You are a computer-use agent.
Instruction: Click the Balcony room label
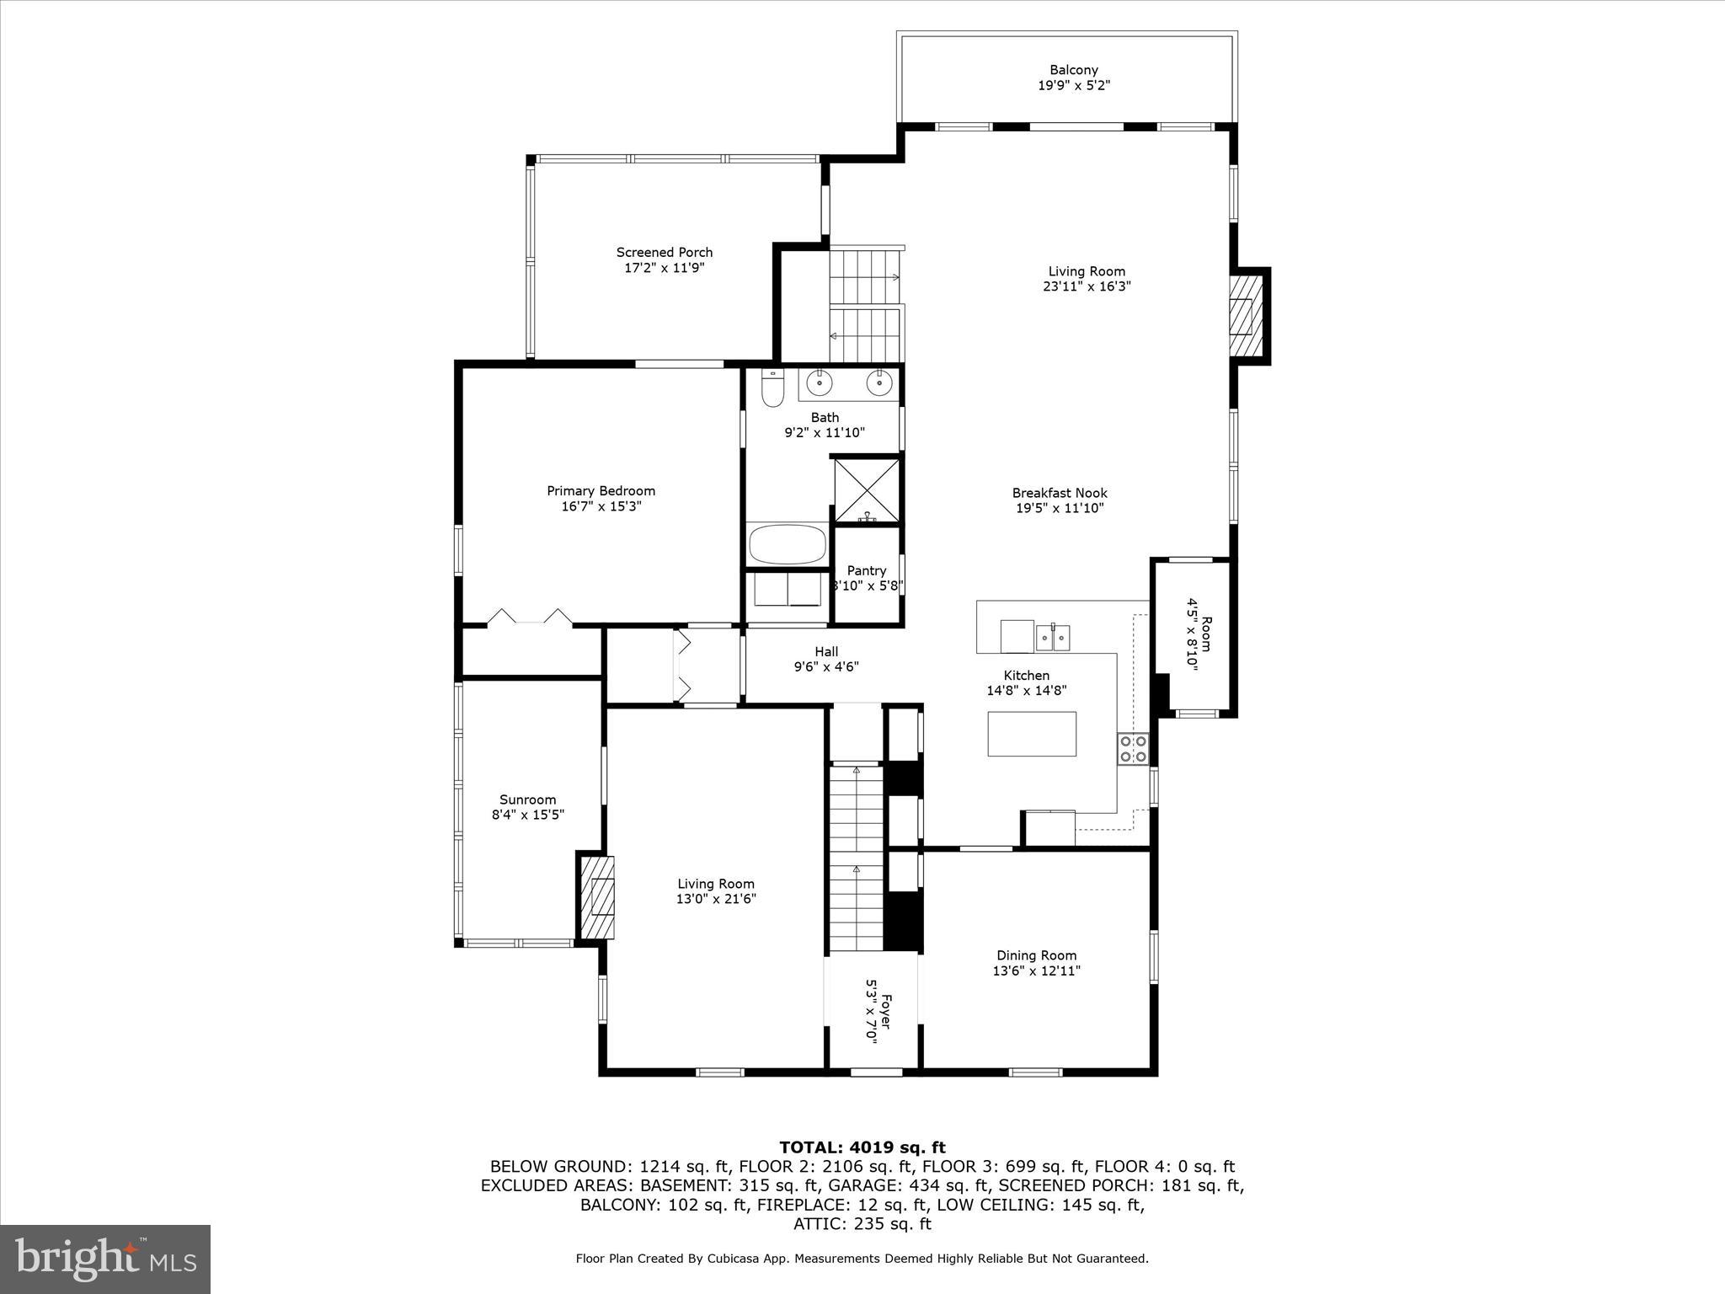(1073, 71)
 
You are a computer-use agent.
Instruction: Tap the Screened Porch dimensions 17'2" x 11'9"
(664, 268)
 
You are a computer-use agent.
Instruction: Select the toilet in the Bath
(772, 388)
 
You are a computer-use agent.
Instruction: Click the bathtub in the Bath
(788, 545)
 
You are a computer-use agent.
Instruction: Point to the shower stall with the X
(867, 491)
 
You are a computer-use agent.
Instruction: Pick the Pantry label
(867, 571)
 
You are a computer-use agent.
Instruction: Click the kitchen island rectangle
(1032, 734)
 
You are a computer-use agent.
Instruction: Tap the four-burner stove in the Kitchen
(1133, 749)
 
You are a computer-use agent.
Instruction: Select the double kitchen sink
(1053, 636)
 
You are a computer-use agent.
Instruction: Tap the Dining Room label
(1036, 955)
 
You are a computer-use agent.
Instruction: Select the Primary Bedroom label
(601, 491)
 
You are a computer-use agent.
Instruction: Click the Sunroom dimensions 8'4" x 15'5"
(527, 815)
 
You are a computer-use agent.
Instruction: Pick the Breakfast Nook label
(1059, 493)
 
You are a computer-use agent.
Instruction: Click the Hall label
(826, 651)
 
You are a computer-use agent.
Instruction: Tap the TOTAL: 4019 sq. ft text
(862, 1147)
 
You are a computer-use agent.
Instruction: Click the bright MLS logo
(105, 1259)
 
